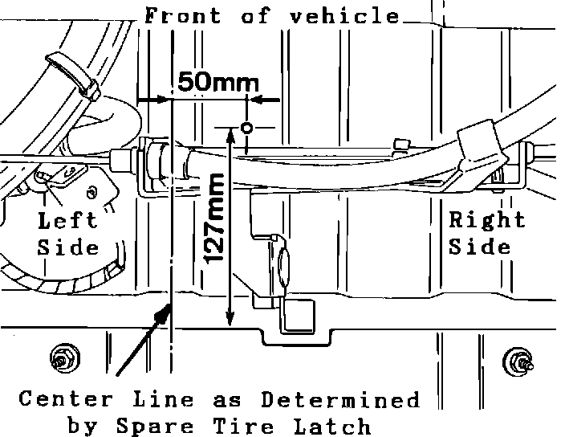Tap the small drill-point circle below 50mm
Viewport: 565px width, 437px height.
click(x=247, y=127)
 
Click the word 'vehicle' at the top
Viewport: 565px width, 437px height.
click(x=350, y=15)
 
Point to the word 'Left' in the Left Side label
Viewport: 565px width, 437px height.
click(x=67, y=220)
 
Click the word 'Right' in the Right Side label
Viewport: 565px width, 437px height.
click(x=486, y=219)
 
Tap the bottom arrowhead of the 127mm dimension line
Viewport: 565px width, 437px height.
click(x=231, y=321)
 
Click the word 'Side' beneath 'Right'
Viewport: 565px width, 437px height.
click(x=479, y=246)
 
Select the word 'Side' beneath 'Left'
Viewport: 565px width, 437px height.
click(x=67, y=246)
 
